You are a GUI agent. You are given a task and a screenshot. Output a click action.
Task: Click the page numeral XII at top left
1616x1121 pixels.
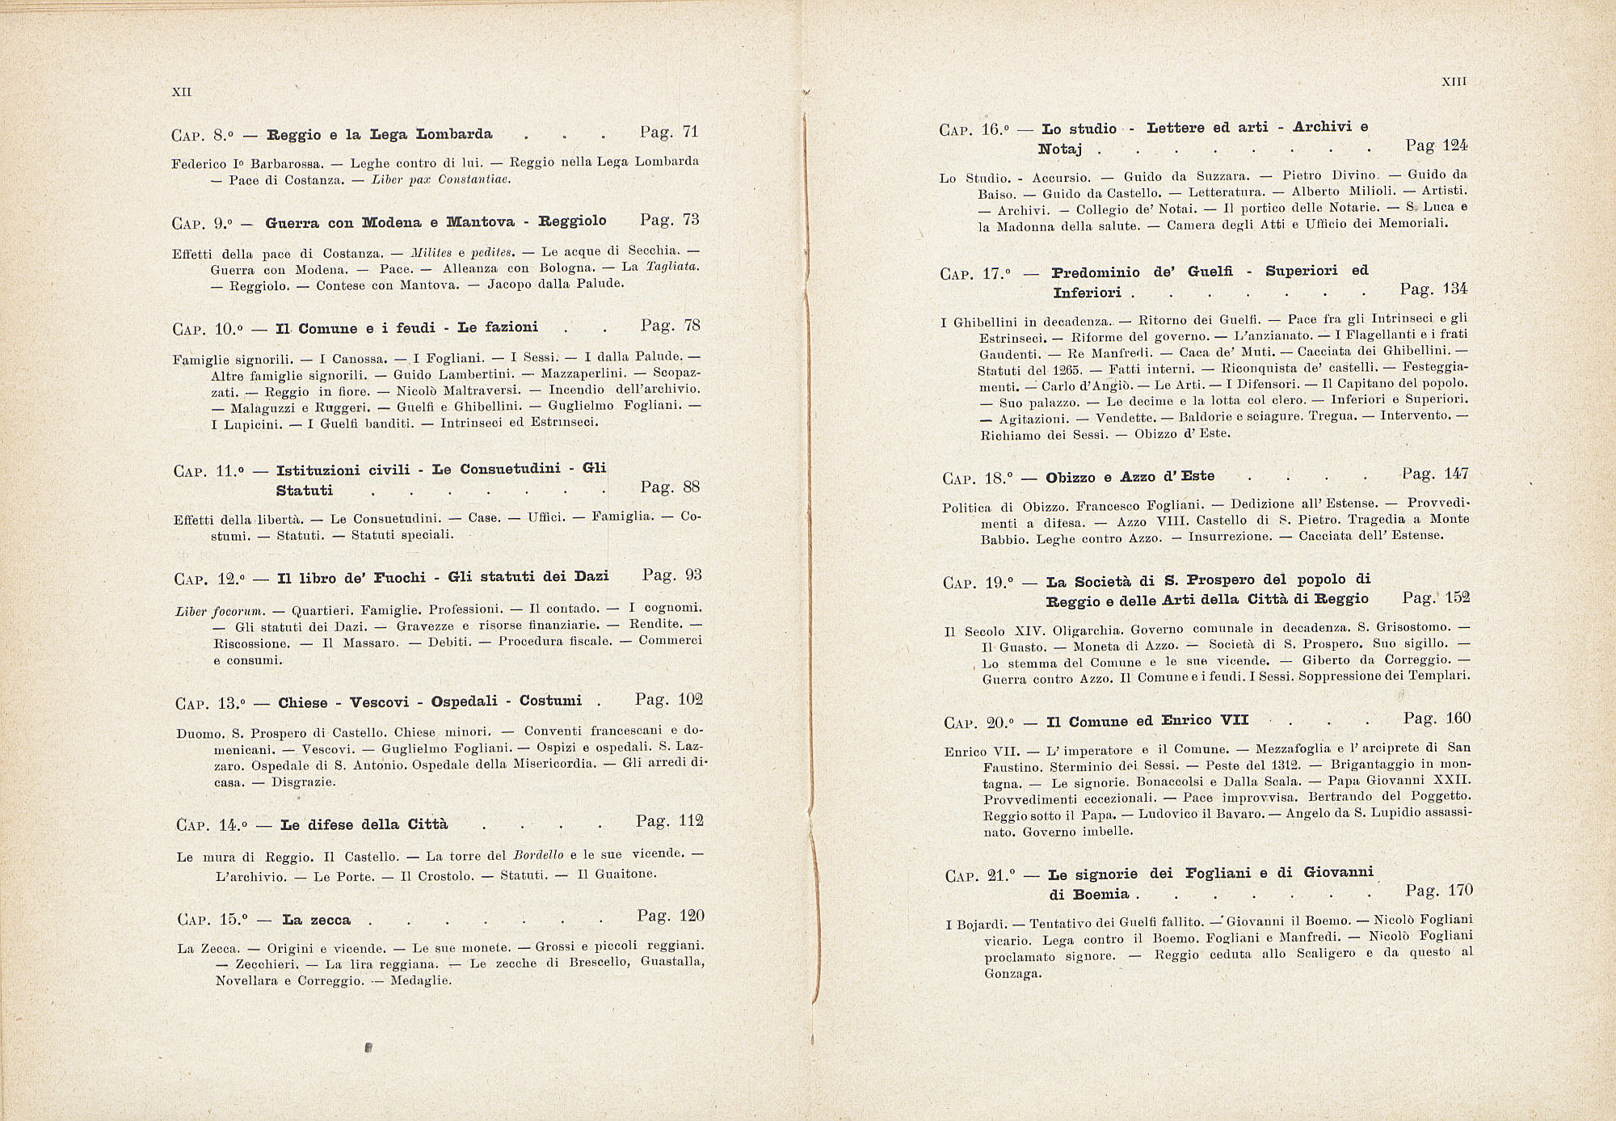[182, 92]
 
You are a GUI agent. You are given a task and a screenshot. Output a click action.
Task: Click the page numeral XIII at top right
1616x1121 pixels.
[1454, 82]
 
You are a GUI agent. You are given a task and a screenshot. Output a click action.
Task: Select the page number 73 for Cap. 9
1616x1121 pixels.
[691, 219]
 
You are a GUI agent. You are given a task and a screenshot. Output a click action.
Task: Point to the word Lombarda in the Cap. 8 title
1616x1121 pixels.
[455, 134]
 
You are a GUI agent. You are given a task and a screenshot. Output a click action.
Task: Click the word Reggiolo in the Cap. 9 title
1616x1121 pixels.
[573, 221]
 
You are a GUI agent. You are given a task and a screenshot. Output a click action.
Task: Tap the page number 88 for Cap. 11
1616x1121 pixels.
[691, 487]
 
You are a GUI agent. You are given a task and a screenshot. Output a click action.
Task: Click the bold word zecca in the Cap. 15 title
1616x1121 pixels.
[328, 920]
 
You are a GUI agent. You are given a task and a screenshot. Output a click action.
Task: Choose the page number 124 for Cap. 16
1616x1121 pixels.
[1455, 145]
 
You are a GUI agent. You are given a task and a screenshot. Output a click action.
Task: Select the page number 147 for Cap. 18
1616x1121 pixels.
[1456, 474]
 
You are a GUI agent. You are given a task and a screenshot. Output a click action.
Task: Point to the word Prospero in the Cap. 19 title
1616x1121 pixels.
[1219, 580]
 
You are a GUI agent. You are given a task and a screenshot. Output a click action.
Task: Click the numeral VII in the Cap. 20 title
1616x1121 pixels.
[1234, 720]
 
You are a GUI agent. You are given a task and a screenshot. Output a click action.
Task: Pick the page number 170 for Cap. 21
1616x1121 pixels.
[1460, 891]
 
